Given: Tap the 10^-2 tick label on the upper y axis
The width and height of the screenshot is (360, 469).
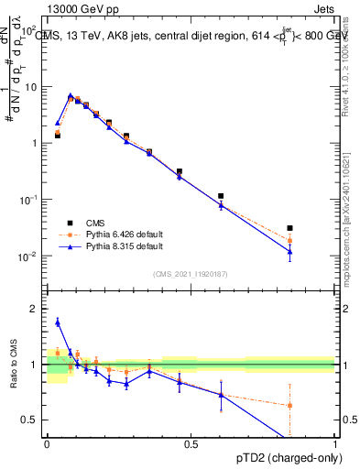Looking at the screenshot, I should tap(30, 256).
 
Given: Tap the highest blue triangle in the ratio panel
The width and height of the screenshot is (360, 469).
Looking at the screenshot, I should tap(58, 322).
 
